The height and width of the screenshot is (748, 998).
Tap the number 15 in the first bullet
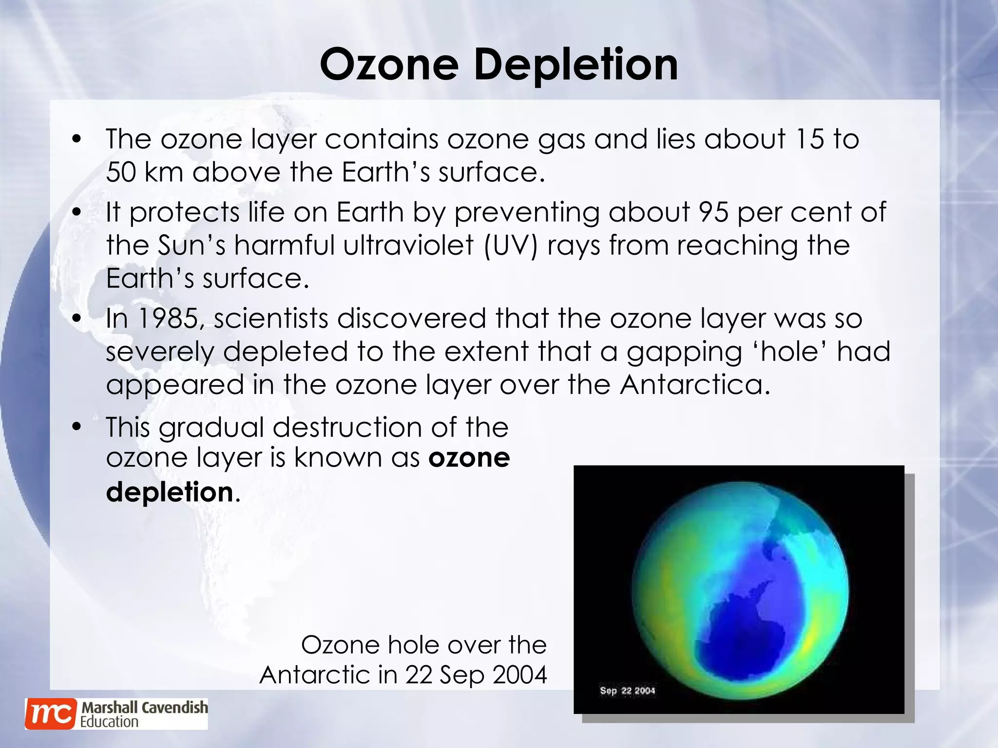[x=809, y=139]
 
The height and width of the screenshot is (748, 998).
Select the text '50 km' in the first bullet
[x=144, y=172]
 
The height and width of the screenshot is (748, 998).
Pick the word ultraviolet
[x=408, y=245]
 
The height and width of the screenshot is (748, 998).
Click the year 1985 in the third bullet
[x=168, y=319]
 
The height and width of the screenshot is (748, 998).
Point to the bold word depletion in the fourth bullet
[x=170, y=492]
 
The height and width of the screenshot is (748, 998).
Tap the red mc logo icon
[x=51, y=714]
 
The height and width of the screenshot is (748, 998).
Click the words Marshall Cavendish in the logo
[x=145, y=707]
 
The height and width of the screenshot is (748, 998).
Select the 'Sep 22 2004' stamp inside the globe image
[x=627, y=691]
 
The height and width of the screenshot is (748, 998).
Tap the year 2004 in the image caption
[x=519, y=675]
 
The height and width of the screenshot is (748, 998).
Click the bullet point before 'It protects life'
[x=76, y=213]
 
